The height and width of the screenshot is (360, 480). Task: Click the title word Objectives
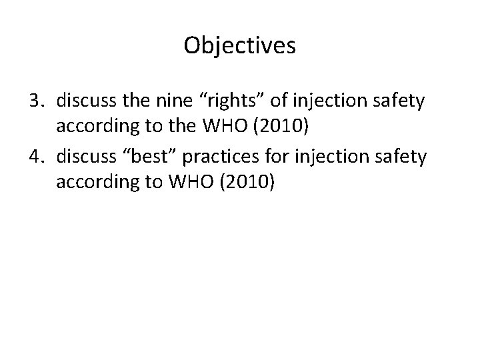(x=240, y=45)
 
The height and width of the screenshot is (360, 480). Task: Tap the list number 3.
(x=35, y=101)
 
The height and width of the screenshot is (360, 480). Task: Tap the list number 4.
(x=35, y=157)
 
